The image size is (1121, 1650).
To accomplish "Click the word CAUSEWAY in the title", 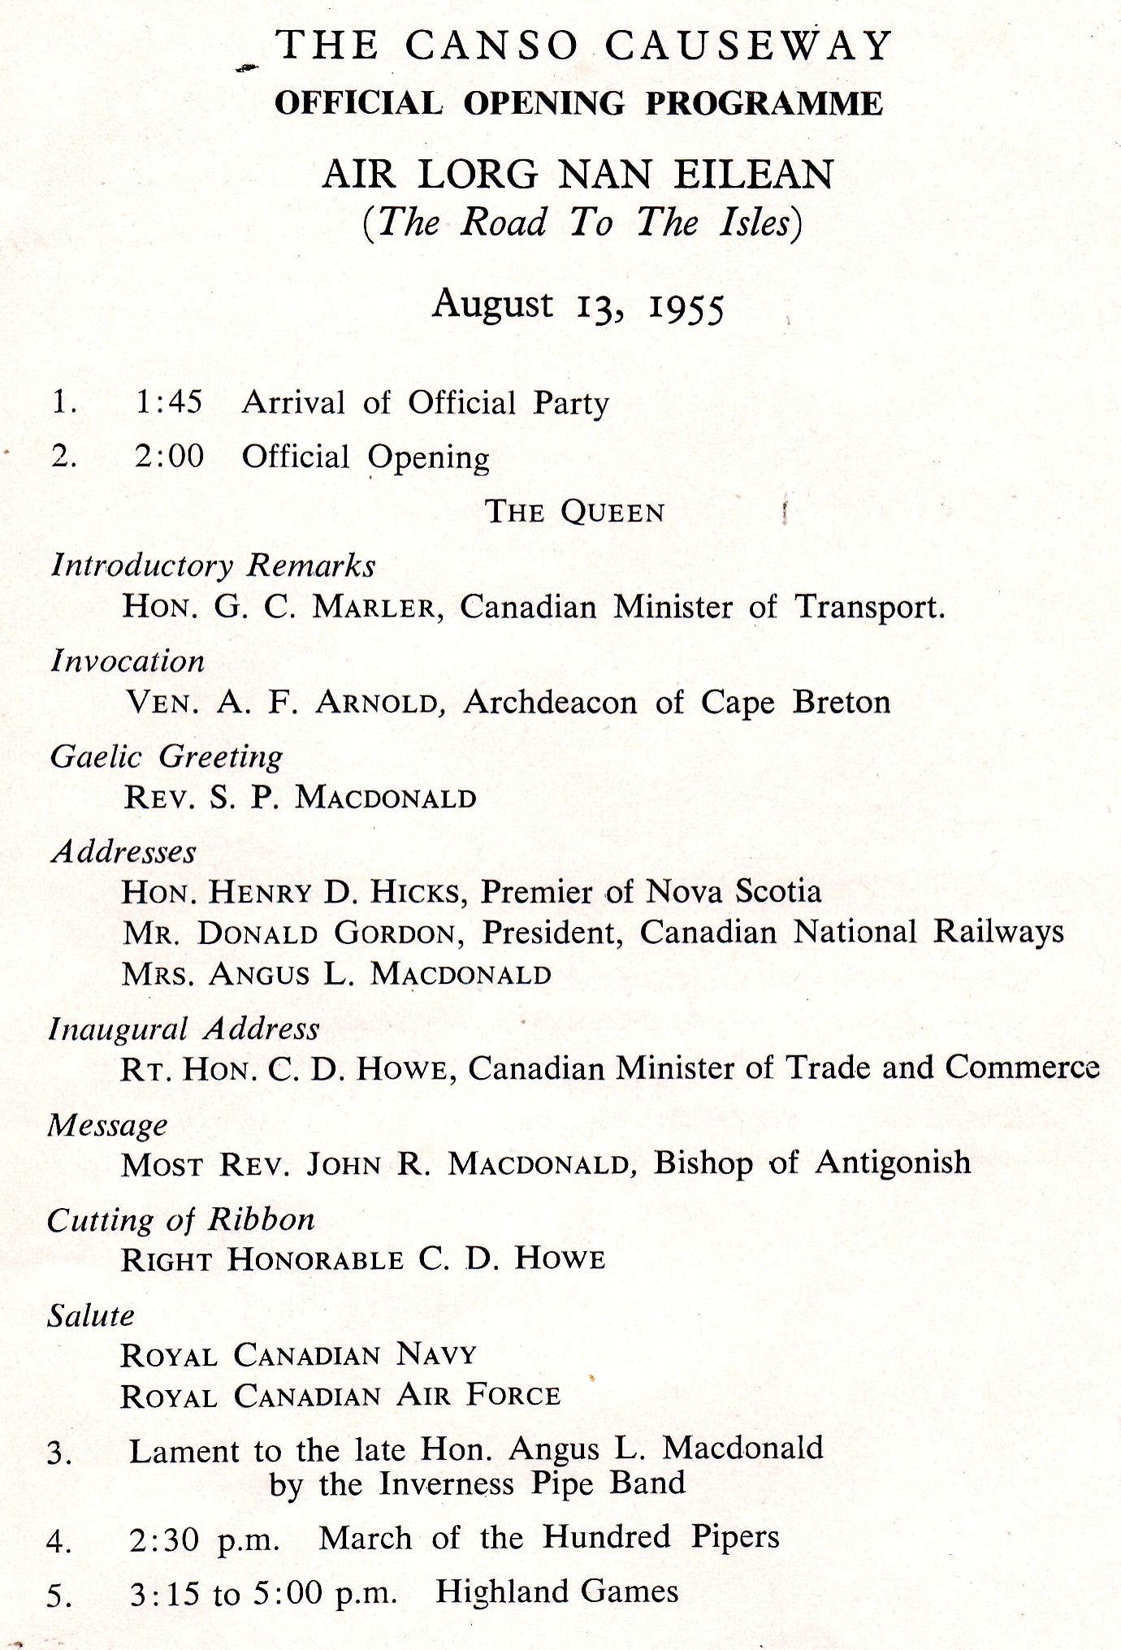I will tap(748, 46).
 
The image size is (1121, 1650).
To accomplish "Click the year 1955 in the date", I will tap(686, 308).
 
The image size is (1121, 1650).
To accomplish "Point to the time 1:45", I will tap(169, 402).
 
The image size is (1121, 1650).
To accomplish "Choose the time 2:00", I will tap(169, 457).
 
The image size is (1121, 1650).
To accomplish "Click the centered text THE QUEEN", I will tap(575, 512).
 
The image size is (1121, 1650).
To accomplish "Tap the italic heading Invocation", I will tap(128, 661).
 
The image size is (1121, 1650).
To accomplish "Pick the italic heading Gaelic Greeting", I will tap(167, 756).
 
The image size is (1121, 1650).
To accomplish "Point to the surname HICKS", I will tap(418, 893).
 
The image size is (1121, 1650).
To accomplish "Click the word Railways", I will tap(998, 932).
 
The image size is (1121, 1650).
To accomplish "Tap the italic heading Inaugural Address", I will tap(184, 1029).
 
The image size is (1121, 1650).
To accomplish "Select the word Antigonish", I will tap(893, 1163).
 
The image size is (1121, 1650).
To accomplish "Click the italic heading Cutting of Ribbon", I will tap(181, 1219).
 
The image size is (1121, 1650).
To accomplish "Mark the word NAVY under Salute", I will tap(436, 1354).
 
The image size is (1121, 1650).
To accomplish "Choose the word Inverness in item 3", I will tap(447, 1484).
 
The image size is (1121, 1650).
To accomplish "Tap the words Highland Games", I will tap(556, 1592).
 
